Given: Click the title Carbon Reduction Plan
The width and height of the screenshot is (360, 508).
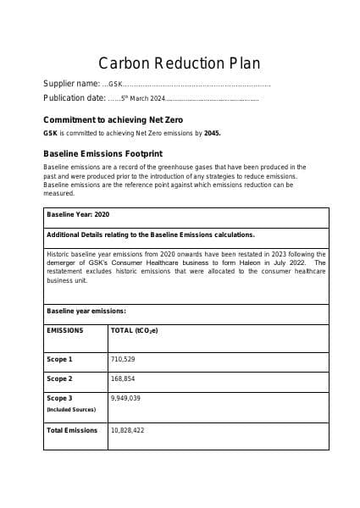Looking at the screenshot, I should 180,63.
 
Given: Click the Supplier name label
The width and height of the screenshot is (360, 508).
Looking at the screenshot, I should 71,84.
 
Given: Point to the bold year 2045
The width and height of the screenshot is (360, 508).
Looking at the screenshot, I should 212,133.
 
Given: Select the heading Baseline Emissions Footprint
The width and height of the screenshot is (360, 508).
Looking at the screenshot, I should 102,153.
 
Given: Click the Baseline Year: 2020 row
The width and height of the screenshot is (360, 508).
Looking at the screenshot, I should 78,215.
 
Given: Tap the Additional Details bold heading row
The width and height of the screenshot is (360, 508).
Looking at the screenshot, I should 150,235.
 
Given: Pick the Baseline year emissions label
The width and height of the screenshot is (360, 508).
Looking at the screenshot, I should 86,311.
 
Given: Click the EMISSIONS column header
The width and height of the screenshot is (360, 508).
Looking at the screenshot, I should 65,330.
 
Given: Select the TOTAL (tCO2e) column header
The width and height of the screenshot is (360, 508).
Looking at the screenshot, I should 135,330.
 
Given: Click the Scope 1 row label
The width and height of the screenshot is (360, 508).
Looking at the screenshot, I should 59,359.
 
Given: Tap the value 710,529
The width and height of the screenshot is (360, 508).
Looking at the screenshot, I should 123,359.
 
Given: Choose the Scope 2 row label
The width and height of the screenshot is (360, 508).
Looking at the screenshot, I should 59,378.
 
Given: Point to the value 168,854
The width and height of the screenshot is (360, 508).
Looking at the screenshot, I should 123,378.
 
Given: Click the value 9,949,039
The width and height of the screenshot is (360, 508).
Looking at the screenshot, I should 125,398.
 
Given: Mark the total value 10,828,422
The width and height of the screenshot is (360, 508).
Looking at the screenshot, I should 127,430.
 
